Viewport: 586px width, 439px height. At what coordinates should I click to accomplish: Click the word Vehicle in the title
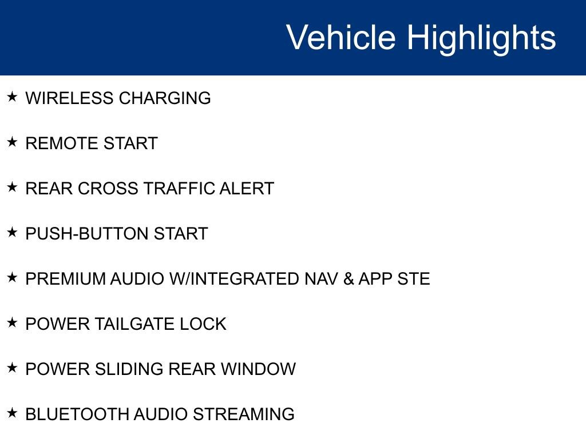tap(341, 37)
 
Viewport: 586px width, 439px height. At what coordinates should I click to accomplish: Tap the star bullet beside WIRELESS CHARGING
tap(13, 97)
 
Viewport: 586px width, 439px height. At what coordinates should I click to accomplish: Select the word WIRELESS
tap(69, 98)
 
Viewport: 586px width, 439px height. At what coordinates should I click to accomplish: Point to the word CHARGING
tap(165, 98)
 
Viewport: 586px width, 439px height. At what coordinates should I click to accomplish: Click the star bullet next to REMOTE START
tap(13, 142)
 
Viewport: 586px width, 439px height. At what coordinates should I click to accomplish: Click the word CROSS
tap(108, 189)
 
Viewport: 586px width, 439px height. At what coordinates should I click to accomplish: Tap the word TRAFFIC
tap(179, 189)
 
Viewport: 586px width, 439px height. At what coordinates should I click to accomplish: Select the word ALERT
tap(247, 189)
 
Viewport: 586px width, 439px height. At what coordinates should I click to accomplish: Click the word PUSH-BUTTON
tap(87, 234)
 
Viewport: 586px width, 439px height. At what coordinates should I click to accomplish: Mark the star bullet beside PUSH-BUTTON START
tap(13, 232)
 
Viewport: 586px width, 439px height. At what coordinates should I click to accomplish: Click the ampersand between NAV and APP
tap(349, 279)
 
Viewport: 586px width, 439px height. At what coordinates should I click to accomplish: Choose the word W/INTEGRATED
tap(234, 279)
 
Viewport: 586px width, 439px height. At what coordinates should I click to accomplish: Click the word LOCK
tap(203, 324)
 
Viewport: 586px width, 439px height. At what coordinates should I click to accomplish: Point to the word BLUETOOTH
tap(77, 414)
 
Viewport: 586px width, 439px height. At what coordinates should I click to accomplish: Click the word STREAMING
tap(244, 414)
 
